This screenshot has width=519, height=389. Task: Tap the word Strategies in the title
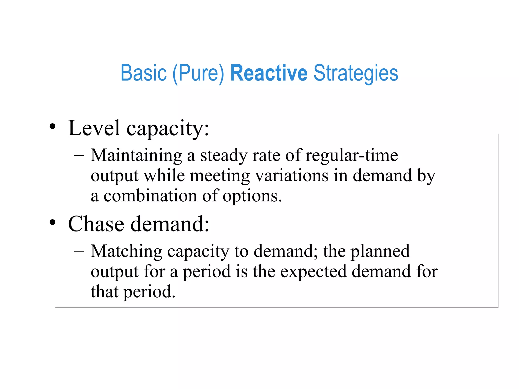click(x=356, y=73)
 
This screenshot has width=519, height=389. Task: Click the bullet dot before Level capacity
click(x=52, y=126)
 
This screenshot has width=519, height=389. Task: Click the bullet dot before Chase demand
click(x=52, y=222)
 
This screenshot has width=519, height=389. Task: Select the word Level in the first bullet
click(x=94, y=128)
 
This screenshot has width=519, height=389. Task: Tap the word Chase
click(x=96, y=224)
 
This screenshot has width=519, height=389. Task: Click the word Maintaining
click(x=136, y=155)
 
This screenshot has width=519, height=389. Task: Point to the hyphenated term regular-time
click(x=352, y=155)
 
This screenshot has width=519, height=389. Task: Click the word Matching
click(x=126, y=252)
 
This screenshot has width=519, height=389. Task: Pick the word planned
click(x=380, y=252)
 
